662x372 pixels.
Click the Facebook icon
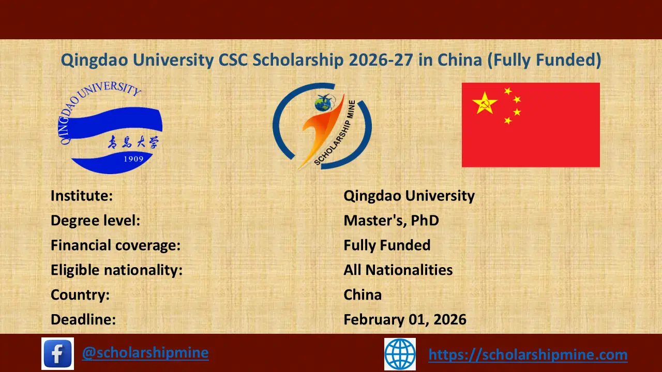pos(57,353)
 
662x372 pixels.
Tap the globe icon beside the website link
pos(400,354)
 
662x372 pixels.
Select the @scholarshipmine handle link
pos(145,353)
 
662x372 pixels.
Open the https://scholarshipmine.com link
pos(528,354)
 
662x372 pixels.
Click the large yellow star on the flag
pos(485,103)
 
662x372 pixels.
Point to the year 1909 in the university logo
pos(133,159)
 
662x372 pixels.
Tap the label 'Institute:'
pos(82,196)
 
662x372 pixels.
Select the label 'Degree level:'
pos(96,221)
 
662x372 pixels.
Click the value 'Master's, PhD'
pos(391,221)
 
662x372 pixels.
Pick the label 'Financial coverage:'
pos(115,245)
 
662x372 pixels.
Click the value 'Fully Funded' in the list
pos(387,245)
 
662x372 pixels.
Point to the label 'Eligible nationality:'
pos(116,270)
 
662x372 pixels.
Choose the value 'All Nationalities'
pos(398,270)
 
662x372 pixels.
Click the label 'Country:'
pos(80,295)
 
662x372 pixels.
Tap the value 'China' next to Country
pos(363,295)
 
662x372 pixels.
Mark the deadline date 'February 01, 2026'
pos(405,319)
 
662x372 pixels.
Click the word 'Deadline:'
pos(83,319)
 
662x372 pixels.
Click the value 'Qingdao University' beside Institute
pos(409,196)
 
